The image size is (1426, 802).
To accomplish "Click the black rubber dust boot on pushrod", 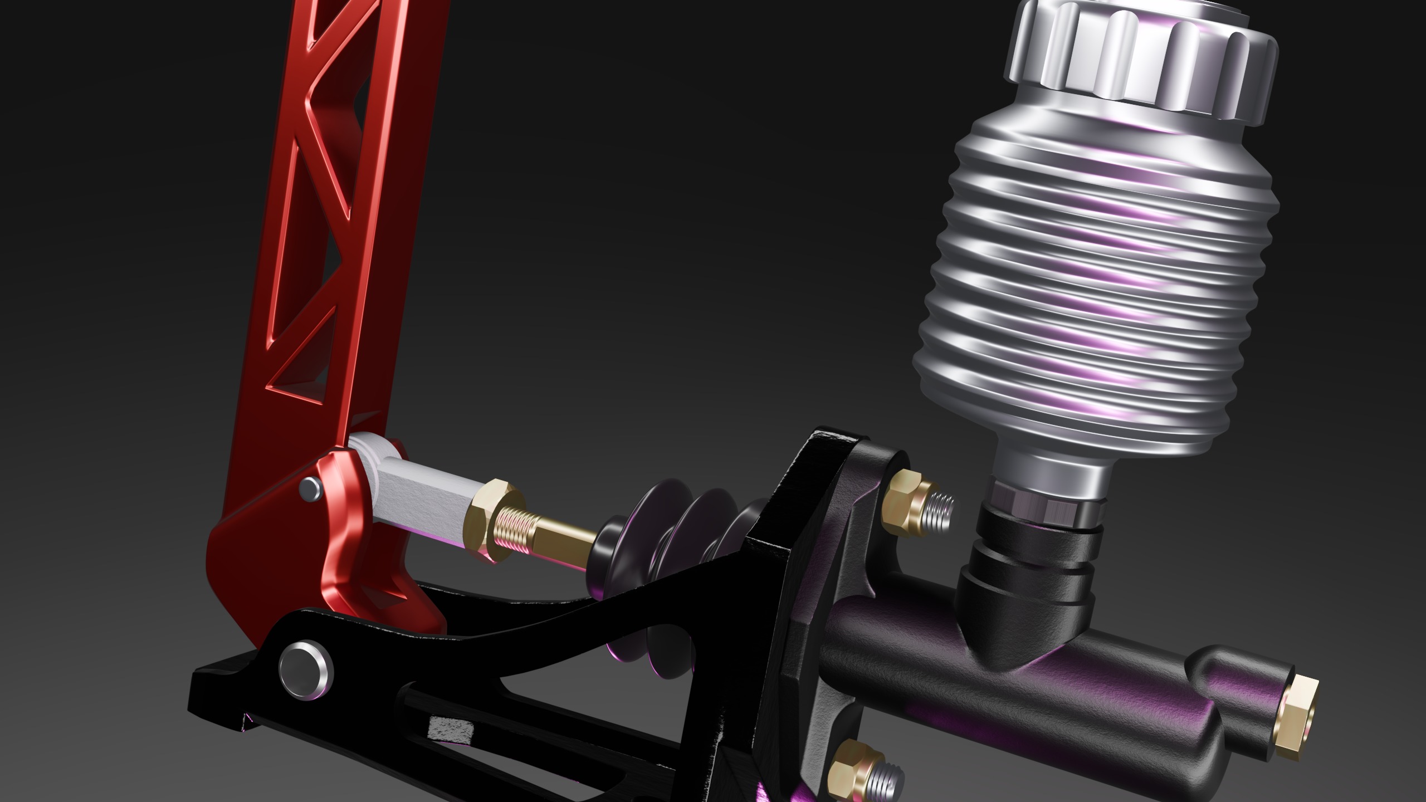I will click(668, 535).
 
